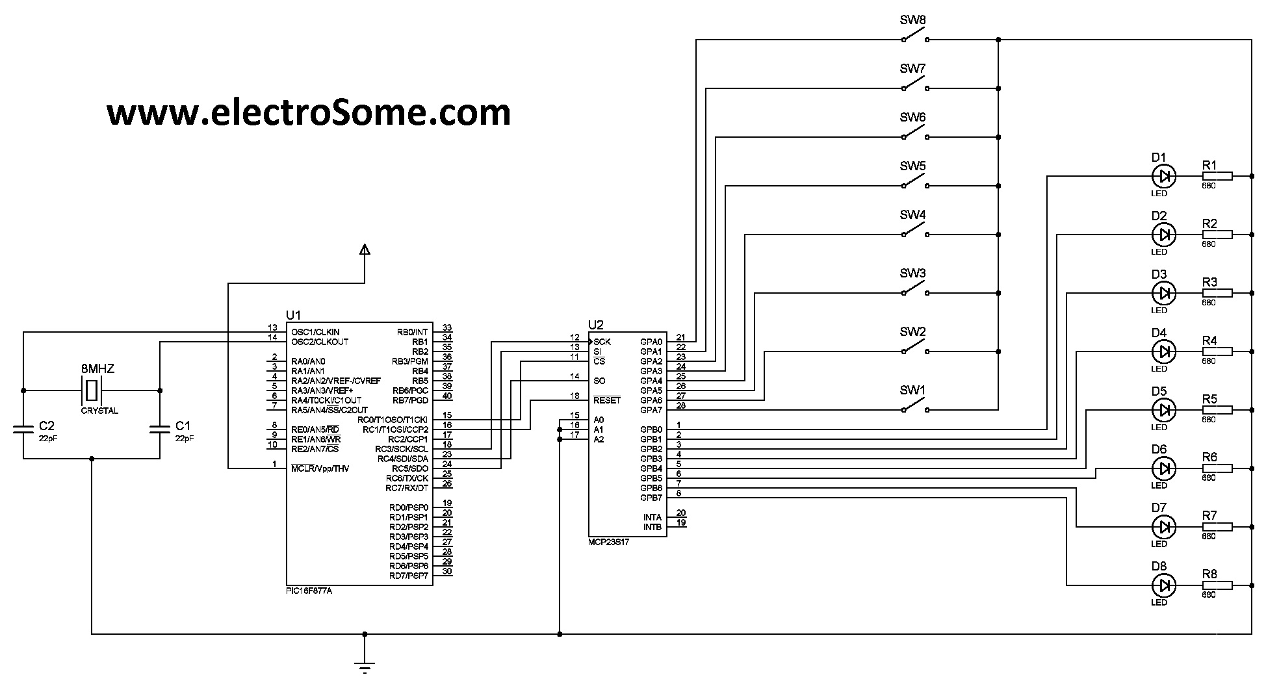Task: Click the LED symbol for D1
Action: (x=1163, y=175)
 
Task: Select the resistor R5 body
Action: (x=1217, y=410)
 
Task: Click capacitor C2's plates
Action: (x=24, y=429)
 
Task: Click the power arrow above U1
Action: (x=365, y=249)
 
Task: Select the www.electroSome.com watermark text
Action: (x=309, y=112)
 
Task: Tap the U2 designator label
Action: (x=595, y=325)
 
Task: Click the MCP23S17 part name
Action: (x=608, y=541)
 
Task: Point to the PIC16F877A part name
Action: (x=313, y=591)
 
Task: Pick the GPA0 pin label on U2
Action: (x=651, y=342)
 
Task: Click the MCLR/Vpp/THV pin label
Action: (x=320, y=468)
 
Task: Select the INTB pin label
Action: (x=652, y=527)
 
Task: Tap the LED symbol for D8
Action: (x=1163, y=585)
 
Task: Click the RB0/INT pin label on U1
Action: (x=412, y=332)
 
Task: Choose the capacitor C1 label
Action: (x=183, y=426)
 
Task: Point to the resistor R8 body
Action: (x=1217, y=585)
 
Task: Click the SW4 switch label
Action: (x=912, y=214)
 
